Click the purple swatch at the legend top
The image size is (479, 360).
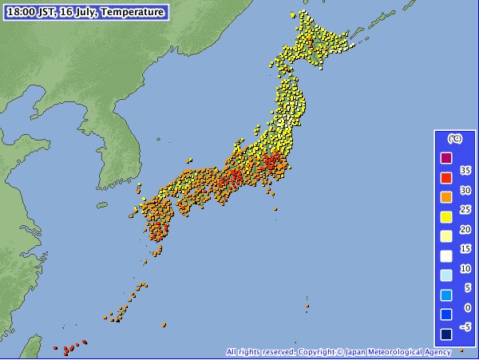click(x=447, y=157)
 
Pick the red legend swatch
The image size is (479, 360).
click(x=447, y=177)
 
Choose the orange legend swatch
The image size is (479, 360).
click(x=447, y=196)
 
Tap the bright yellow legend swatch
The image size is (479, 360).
click(x=447, y=216)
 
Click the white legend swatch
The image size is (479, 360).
click(x=447, y=255)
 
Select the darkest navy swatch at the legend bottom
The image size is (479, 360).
click(x=447, y=334)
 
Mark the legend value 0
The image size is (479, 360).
click(x=468, y=307)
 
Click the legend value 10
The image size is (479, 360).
click(x=466, y=268)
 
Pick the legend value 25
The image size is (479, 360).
click(x=466, y=209)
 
